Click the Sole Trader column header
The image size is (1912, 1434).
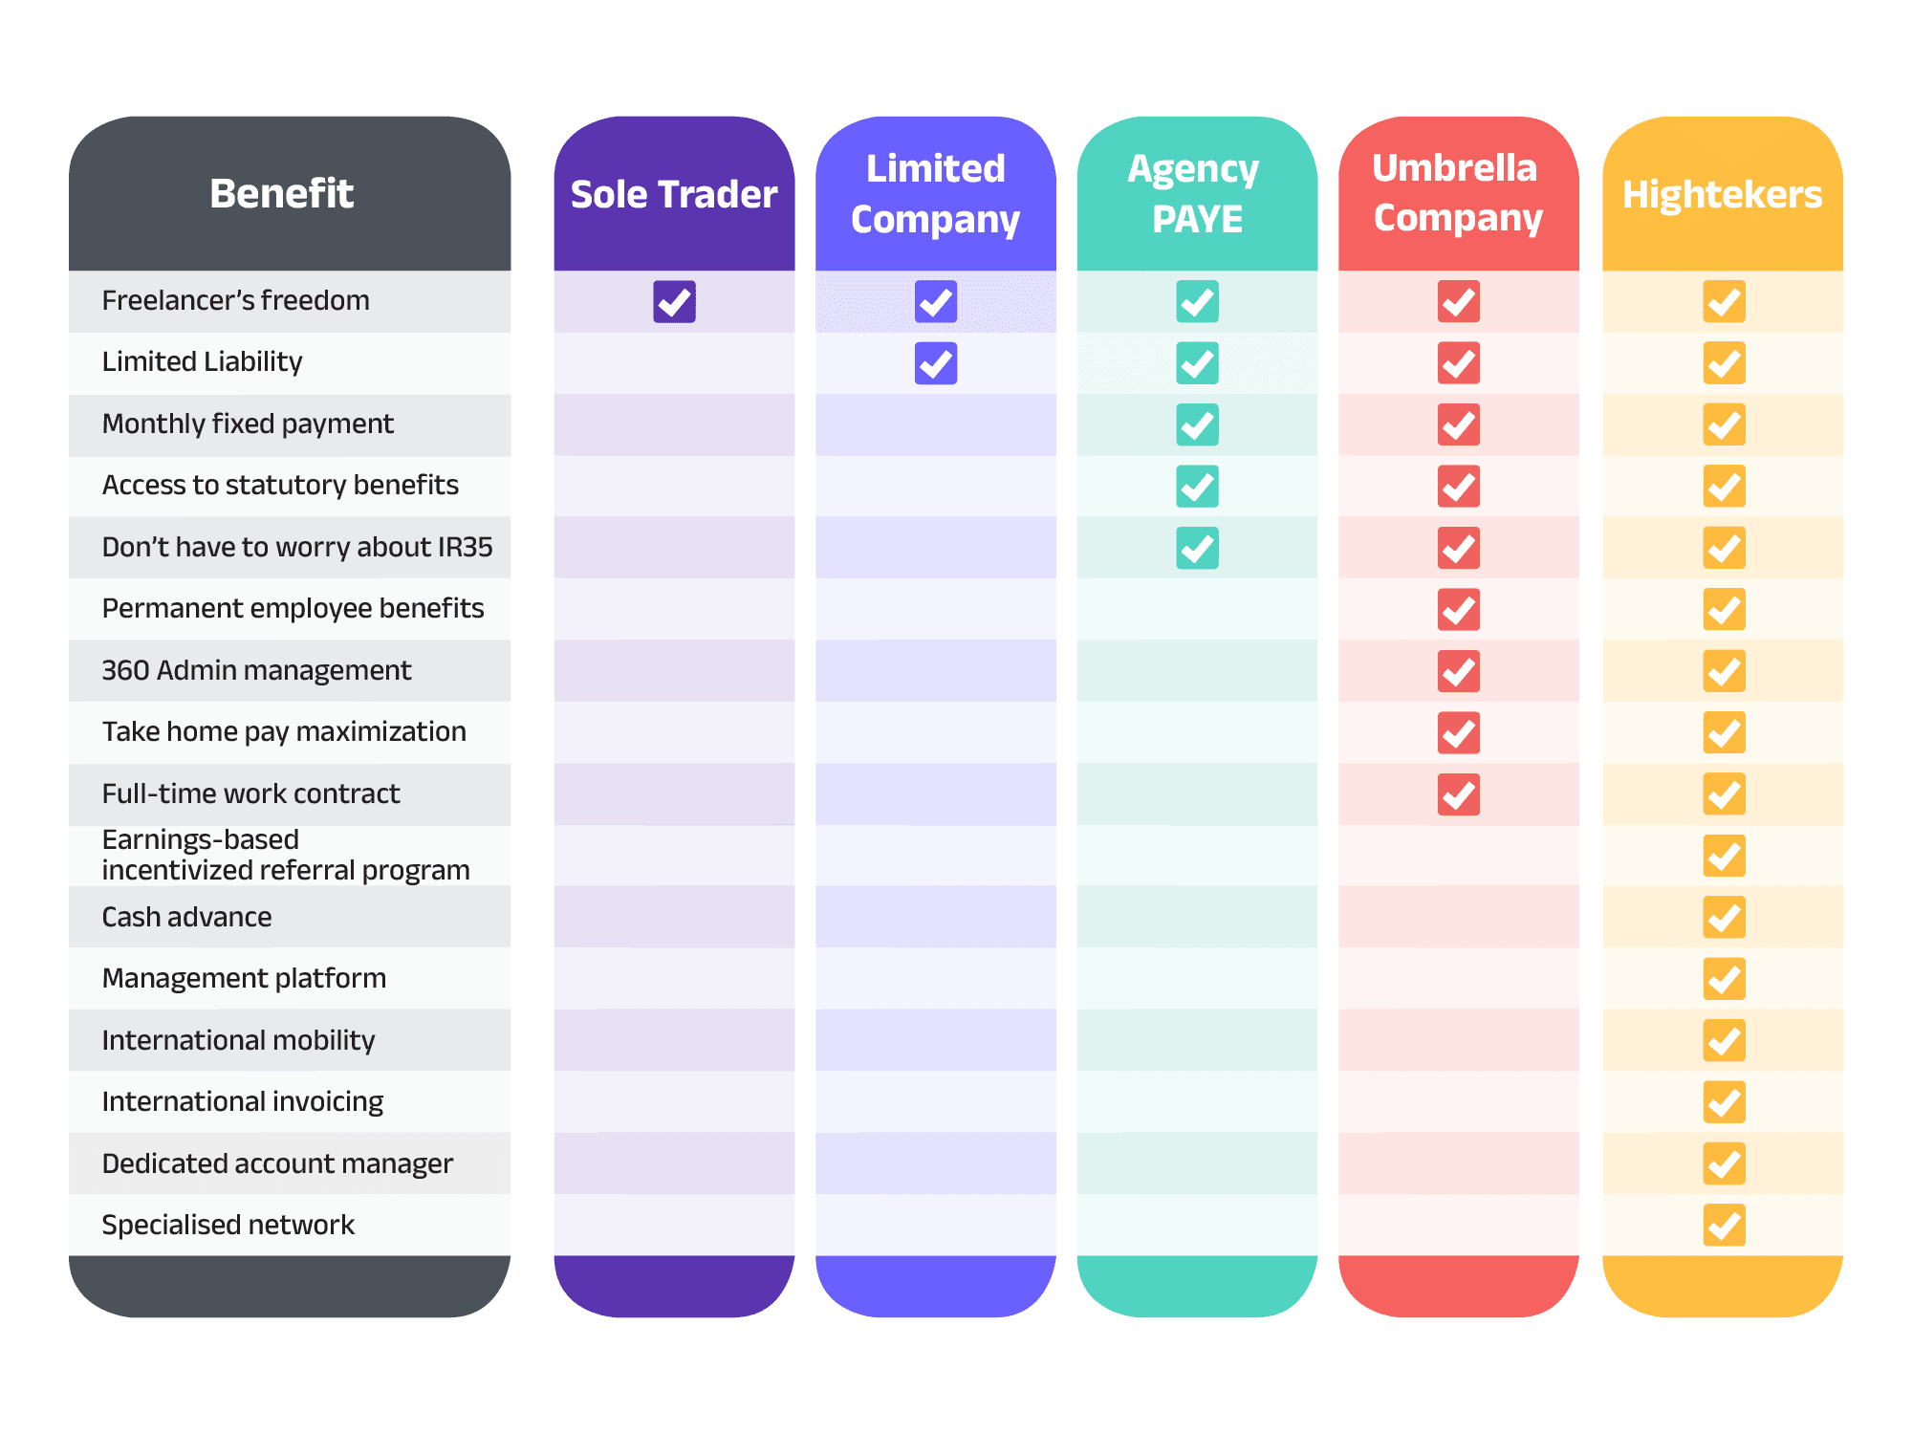coord(674,194)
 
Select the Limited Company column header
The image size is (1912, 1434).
coord(936,194)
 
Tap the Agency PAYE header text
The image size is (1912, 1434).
coord(1197,194)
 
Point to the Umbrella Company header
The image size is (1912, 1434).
coord(1458,193)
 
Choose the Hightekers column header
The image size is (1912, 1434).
coord(1723,194)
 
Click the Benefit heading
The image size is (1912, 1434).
coord(282,193)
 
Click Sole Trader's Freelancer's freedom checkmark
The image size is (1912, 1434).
coord(674,302)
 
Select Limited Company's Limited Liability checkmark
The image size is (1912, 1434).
coord(936,363)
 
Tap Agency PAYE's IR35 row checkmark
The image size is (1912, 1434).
coord(1197,548)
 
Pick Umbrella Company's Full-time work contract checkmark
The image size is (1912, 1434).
coord(1458,794)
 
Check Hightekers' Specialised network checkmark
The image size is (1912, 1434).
coord(1724,1226)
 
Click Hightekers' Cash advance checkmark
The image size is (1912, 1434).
coord(1724,918)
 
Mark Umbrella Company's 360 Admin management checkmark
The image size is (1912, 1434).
coord(1458,671)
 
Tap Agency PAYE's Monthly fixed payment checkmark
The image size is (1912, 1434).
coord(1197,425)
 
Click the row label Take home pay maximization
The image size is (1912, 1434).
coord(284,731)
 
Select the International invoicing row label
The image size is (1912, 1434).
coord(243,1101)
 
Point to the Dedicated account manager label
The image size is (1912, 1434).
coord(277,1163)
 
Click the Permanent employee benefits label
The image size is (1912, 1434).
coord(293,608)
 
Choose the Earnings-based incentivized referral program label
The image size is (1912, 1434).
coord(286,855)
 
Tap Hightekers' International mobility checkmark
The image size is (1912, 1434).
coord(1724,1040)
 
